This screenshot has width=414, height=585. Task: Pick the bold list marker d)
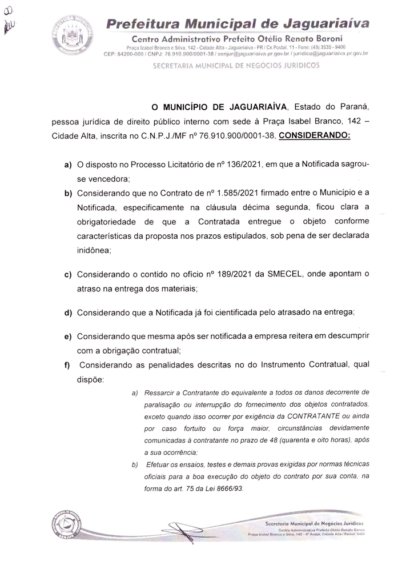click(67, 312)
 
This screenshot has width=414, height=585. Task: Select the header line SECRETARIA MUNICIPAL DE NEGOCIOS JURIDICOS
click(236, 66)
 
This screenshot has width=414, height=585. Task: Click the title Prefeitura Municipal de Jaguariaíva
click(238, 25)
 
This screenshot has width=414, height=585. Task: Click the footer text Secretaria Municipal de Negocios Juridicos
click(315, 523)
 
